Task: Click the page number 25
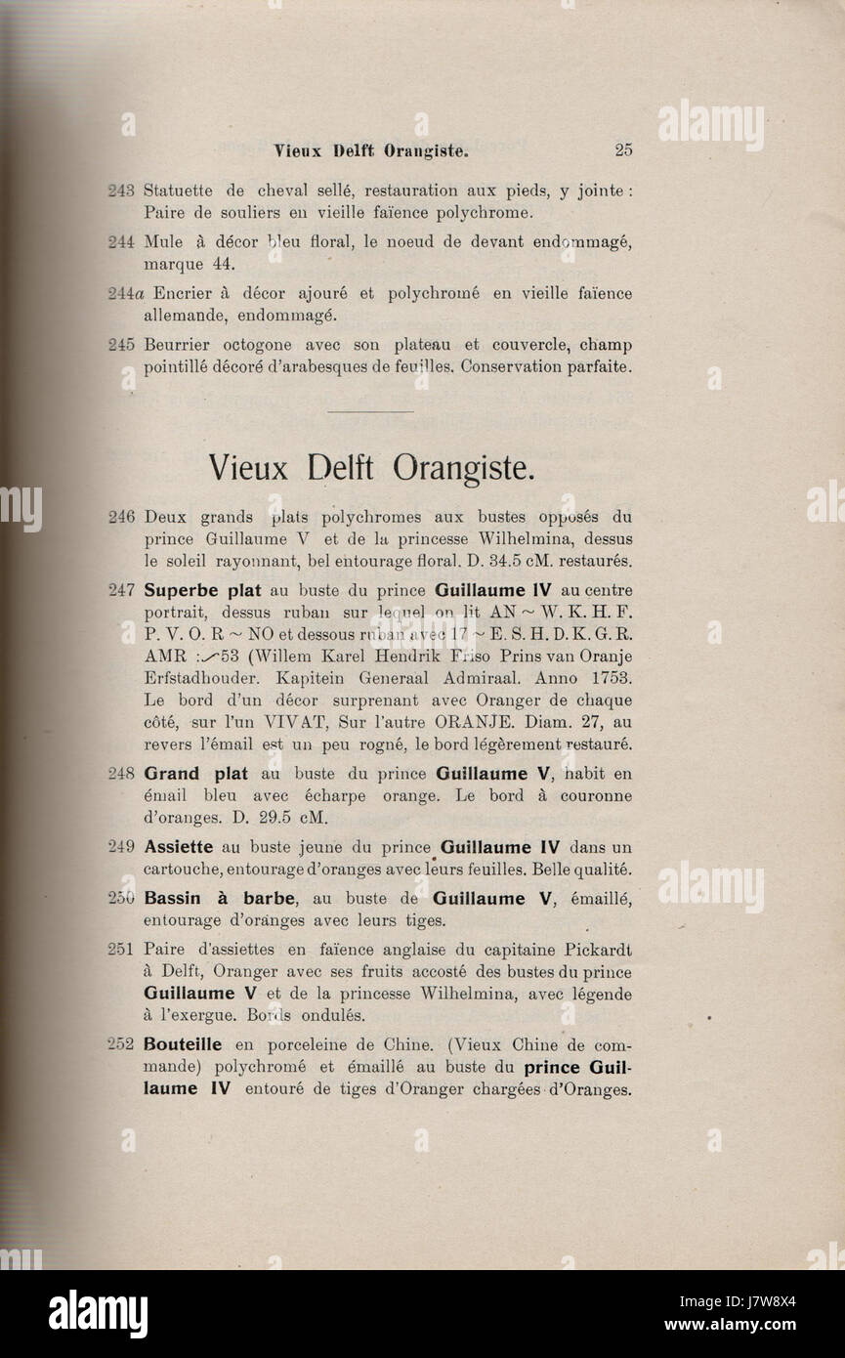click(x=623, y=150)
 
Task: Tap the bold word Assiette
click(x=180, y=847)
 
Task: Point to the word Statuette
click(x=182, y=190)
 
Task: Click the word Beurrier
click(x=180, y=345)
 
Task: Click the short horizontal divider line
click(x=371, y=411)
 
